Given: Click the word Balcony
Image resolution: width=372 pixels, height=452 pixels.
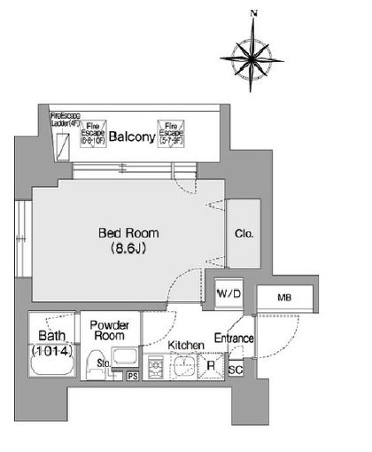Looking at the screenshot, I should tap(132, 137).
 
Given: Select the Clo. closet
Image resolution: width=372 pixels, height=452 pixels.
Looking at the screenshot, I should tap(244, 234).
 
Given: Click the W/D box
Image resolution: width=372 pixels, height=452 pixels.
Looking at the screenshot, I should tap(229, 292).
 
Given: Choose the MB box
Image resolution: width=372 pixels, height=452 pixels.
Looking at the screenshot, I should tap(284, 299).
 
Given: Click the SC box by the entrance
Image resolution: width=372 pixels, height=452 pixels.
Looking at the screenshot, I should tap(236, 370).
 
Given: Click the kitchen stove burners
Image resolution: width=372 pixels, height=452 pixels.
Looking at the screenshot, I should tap(155, 367).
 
